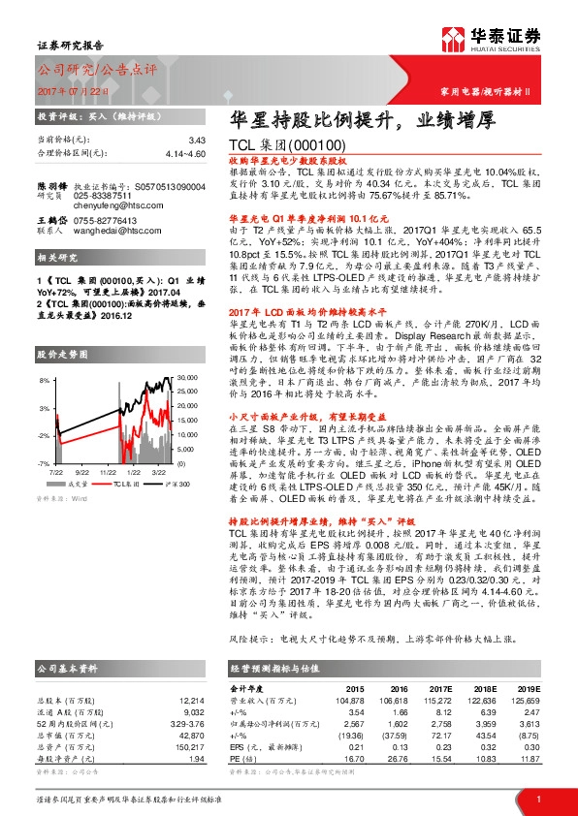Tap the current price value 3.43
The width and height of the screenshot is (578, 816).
point(198,141)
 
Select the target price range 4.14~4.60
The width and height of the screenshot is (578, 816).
point(184,153)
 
